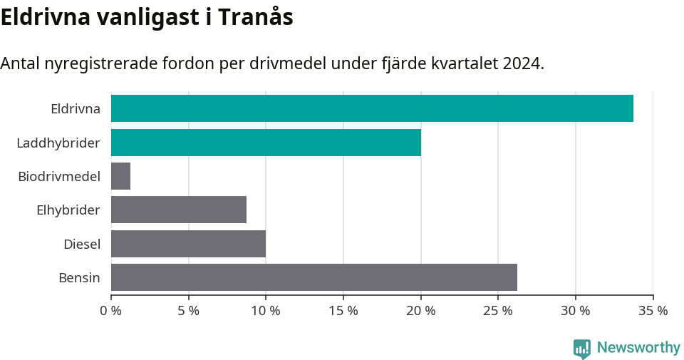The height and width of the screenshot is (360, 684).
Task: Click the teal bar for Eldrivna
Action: (372, 108)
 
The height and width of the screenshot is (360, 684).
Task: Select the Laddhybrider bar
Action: (266, 143)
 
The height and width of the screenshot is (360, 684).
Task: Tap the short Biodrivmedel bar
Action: (120, 176)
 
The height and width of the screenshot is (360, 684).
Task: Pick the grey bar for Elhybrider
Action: (179, 210)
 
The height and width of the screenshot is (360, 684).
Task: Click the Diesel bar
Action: (188, 244)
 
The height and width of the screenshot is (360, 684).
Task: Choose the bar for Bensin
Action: (314, 277)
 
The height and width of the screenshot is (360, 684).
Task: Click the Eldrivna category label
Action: (75, 109)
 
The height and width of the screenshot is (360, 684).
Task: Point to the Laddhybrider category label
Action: (58, 143)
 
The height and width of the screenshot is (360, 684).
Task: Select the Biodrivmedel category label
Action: (59, 177)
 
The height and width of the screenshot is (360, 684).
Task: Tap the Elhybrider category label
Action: (68, 210)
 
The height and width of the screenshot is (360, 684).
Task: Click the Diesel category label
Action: (81, 245)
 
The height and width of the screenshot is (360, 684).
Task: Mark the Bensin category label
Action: (79, 278)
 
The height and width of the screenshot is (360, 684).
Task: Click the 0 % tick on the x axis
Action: (111, 311)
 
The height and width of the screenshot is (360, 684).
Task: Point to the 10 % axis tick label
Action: (266, 311)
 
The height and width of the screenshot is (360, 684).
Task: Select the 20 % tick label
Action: (420, 311)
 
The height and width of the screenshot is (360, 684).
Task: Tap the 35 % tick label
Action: (653, 311)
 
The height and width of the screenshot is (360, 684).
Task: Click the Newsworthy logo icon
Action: (582, 349)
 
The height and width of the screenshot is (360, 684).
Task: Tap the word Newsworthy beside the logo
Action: (638, 348)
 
